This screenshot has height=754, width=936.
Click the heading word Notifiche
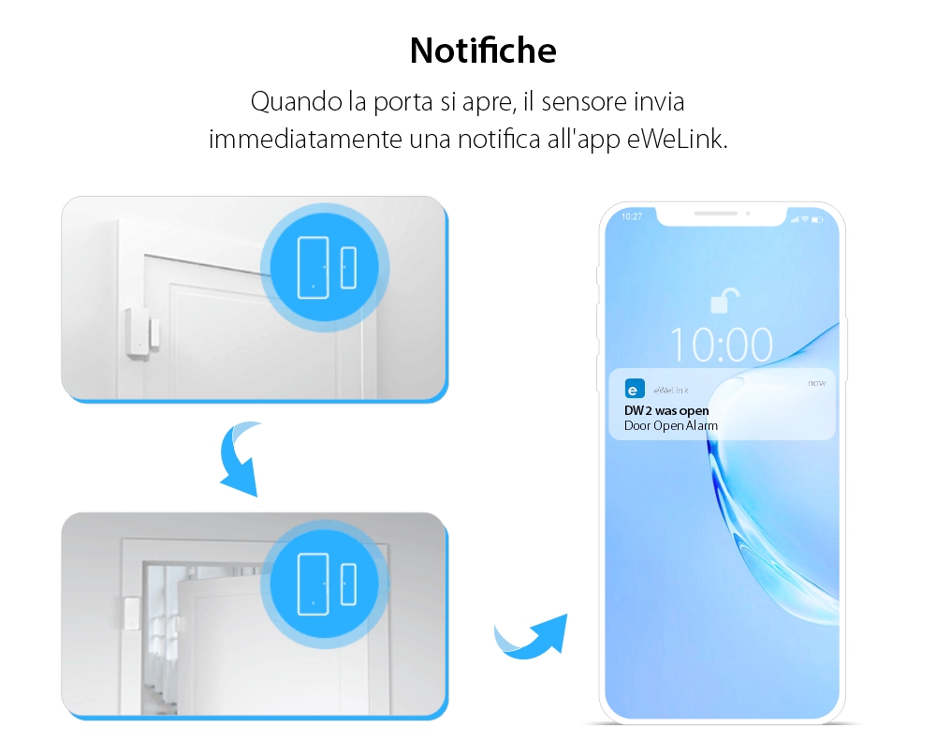tap(483, 51)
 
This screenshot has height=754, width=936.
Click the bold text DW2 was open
tap(666, 410)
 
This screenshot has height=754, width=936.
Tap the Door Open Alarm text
tap(670, 426)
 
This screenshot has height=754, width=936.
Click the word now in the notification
tap(816, 383)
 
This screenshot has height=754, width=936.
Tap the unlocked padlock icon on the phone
tap(722, 301)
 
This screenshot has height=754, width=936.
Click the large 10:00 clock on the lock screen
tap(722, 345)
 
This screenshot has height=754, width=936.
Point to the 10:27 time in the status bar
tap(632, 216)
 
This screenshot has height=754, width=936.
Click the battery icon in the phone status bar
tap(817, 219)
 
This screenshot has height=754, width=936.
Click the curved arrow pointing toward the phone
tap(532, 636)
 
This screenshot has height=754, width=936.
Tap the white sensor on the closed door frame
tap(142, 333)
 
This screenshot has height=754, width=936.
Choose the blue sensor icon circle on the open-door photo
tap(326, 583)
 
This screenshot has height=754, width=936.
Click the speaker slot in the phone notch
tap(722, 213)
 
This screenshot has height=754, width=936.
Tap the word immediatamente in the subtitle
tap(306, 140)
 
